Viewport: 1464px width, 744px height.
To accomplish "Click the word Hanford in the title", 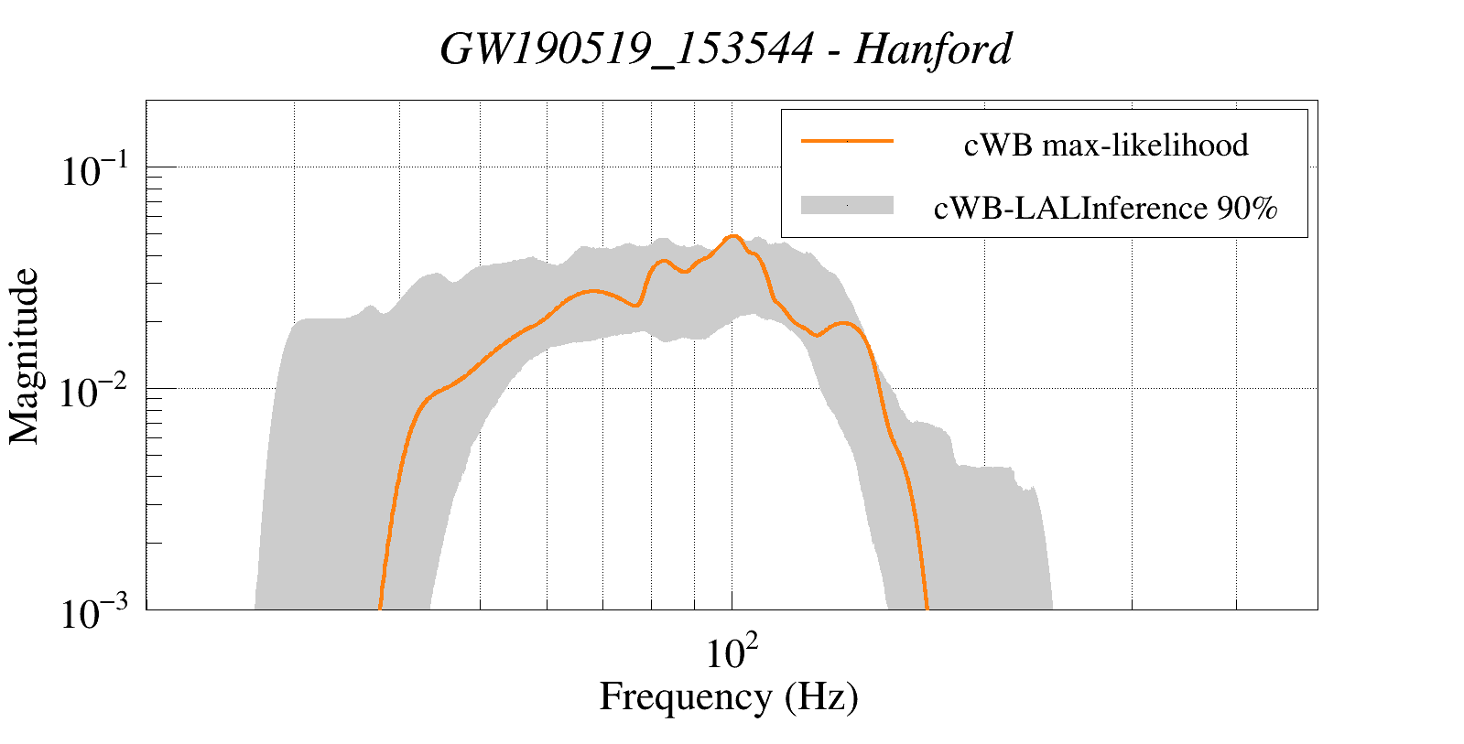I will (933, 49).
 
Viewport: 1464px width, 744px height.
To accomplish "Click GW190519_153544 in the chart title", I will (625, 49).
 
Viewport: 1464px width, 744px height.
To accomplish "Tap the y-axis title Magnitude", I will (25, 356).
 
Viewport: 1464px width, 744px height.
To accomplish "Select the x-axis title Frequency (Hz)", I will (729, 696).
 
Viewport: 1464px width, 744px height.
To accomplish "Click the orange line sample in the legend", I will (847, 141).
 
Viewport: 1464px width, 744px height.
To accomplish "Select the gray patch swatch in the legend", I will (847, 206).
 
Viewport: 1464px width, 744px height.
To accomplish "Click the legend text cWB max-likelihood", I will (1105, 145).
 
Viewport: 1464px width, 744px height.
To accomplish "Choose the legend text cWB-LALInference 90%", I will (1105, 209).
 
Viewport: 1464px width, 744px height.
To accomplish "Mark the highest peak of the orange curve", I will (732, 236).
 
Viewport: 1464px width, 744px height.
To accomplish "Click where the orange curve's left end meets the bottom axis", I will (380, 608).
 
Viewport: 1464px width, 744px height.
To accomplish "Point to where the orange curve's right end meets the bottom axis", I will (927, 608).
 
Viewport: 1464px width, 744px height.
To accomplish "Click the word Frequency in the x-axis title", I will (686, 696).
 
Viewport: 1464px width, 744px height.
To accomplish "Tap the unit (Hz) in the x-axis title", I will (821, 696).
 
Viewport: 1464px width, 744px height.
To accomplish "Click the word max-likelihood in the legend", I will (1145, 145).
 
